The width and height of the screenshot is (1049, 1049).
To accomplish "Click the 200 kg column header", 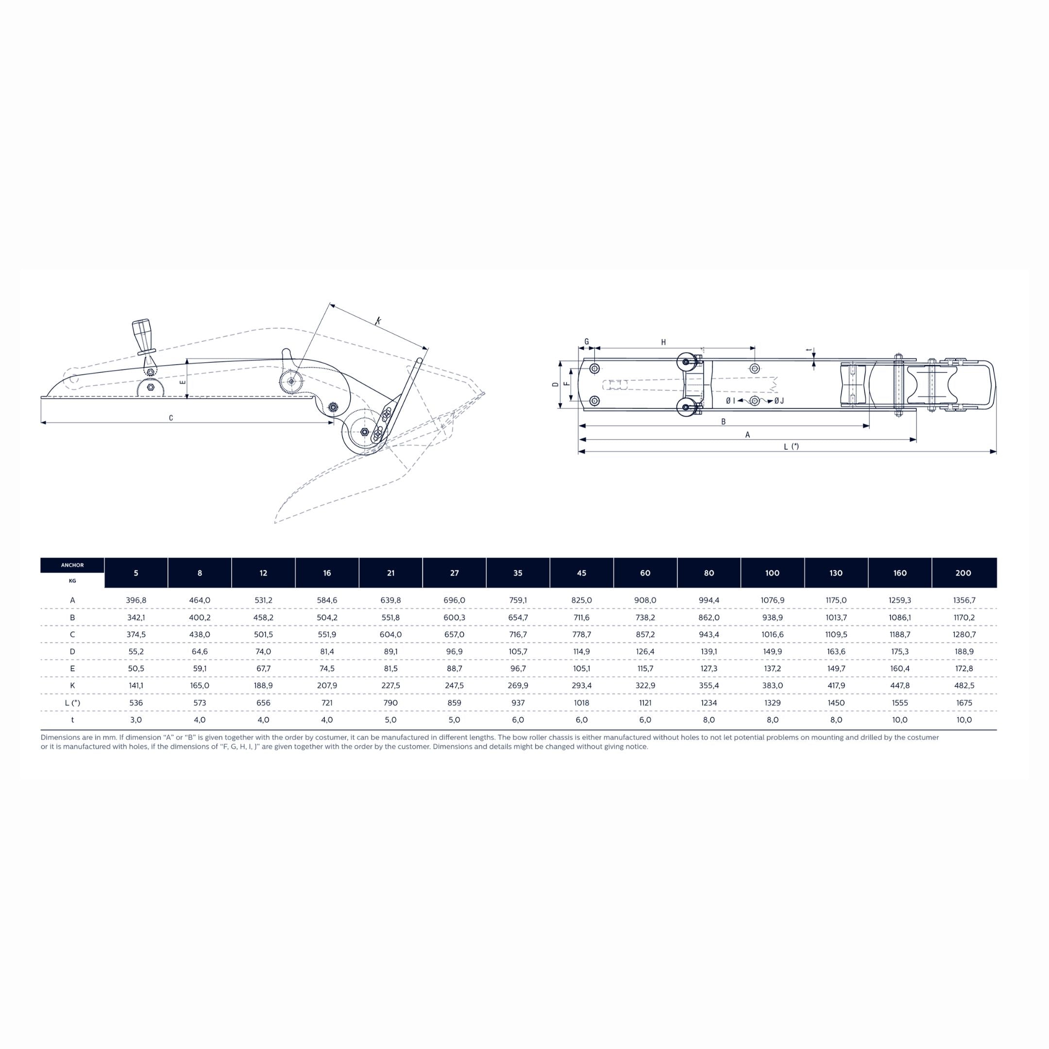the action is (963, 573).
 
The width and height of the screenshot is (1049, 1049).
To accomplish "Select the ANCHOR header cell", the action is (72, 565).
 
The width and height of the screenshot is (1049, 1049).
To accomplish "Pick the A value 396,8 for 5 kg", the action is (136, 601).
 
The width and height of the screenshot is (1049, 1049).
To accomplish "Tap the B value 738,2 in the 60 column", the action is (645, 617).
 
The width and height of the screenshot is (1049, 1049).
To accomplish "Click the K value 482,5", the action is (963, 686).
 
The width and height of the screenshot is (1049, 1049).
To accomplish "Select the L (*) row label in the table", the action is (72, 703).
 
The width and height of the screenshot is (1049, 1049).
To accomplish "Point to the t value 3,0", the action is (136, 720).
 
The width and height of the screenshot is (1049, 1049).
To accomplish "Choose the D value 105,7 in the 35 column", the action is (518, 652).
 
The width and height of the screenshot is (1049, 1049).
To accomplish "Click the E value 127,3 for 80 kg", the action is (709, 668).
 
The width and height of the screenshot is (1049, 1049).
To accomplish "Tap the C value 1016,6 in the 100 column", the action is (772, 635).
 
